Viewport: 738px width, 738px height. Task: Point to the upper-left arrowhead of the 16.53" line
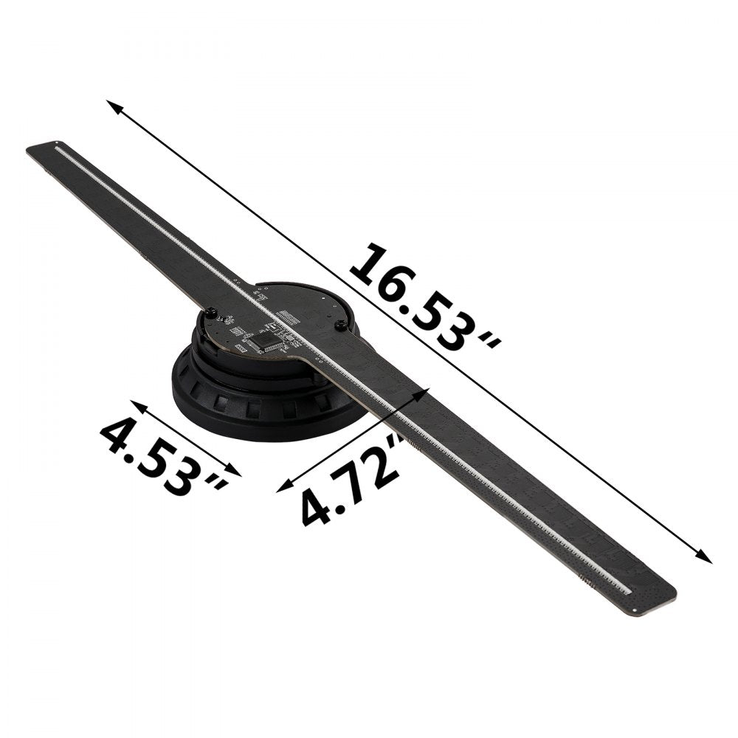click(x=111, y=103)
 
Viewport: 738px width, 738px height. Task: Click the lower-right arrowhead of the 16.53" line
click(x=707, y=559)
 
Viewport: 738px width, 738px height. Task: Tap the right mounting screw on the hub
click(x=340, y=325)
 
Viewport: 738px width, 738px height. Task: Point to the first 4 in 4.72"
click(x=314, y=508)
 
